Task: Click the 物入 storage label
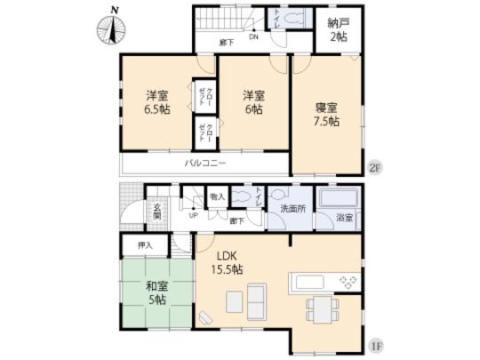(217, 196)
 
